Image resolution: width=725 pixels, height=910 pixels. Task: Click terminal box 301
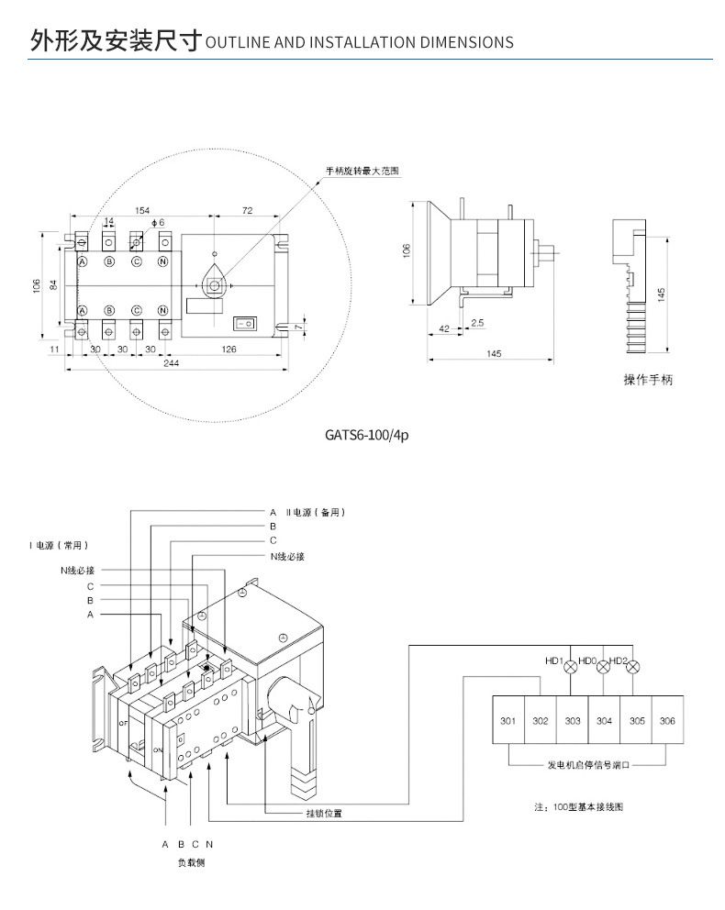pyautogui.click(x=507, y=721)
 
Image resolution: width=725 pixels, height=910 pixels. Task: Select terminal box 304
pyautogui.click(x=604, y=721)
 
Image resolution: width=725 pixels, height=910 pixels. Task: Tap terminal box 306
pyautogui.click(x=667, y=721)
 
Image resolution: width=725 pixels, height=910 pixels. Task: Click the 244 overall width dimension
pyautogui.click(x=172, y=363)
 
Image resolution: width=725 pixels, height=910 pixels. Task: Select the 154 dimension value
pyautogui.click(x=141, y=211)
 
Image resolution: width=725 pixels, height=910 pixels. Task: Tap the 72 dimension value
pyautogui.click(x=247, y=211)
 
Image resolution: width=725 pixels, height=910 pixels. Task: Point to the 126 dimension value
pyautogui.click(x=230, y=350)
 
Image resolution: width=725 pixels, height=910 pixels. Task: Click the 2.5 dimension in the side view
pyautogui.click(x=477, y=323)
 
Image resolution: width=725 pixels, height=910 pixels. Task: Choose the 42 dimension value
pyautogui.click(x=444, y=328)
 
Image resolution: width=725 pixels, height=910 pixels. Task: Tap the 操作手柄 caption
pyautogui.click(x=648, y=380)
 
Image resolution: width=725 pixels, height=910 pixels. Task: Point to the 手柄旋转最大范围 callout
pyautogui.click(x=363, y=172)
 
